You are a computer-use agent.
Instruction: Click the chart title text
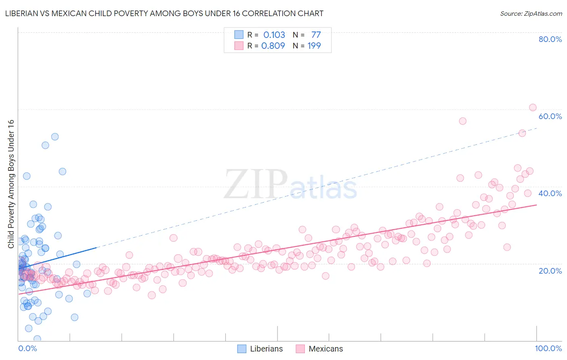click(164, 13)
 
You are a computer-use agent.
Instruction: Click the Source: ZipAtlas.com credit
click(531, 14)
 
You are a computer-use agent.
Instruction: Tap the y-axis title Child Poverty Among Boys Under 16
click(11, 184)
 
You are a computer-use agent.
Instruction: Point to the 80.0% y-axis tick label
click(550, 39)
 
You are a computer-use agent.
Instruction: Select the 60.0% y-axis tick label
click(550, 116)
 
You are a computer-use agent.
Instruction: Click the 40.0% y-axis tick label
click(550, 193)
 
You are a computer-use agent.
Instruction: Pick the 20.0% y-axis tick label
click(550, 270)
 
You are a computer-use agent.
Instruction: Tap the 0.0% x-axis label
click(27, 348)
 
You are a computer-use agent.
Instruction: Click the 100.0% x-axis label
click(548, 348)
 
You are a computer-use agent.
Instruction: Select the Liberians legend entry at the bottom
click(261, 349)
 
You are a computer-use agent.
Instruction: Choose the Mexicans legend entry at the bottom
click(319, 349)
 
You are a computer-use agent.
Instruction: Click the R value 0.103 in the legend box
click(274, 35)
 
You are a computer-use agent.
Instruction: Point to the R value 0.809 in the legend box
click(273, 46)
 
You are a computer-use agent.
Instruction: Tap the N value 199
click(314, 46)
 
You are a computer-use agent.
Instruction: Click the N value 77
click(316, 35)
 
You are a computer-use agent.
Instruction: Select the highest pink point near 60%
click(532, 107)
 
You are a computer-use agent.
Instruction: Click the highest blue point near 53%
click(55, 137)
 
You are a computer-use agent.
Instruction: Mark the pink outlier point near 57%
click(463, 121)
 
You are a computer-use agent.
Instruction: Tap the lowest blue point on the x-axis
click(37, 339)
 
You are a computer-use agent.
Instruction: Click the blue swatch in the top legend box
click(239, 35)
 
